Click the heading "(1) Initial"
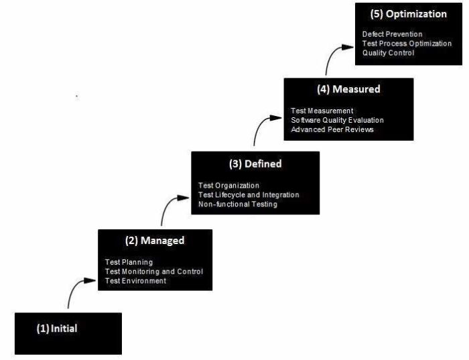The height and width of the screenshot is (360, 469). point(57,328)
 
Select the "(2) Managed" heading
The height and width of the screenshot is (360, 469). point(155,240)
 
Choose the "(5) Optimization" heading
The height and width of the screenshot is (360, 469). point(408,13)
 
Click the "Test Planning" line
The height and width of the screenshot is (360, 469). point(129,262)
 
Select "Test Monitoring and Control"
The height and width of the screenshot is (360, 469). point(154,272)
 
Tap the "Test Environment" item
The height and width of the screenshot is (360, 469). point(135,281)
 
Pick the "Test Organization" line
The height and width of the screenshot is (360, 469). point(229,186)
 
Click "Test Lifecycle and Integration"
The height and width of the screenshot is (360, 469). point(249,194)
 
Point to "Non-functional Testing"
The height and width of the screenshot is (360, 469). point(238,204)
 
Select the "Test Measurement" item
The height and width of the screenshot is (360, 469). point(322,111)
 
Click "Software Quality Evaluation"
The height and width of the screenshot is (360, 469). point(338,120)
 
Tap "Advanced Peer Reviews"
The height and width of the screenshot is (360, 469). point(332,129)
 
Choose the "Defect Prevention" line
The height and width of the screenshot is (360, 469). point(393,34)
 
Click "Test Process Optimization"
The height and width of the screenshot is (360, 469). point(407,44)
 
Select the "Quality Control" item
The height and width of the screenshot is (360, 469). point(389,53)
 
